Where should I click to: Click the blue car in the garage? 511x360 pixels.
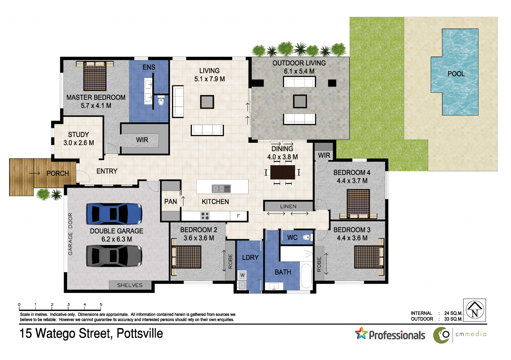(x=114, y=214)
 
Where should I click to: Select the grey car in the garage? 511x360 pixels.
(x=114, y=255)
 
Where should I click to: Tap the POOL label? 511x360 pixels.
(x=456, y=74)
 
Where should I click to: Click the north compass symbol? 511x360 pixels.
(x=475, y=310)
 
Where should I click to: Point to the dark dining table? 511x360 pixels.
(x=282, y=172)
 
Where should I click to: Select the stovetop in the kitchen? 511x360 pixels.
(x=205, y=216)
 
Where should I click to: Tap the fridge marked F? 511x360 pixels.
(x=238, y=216)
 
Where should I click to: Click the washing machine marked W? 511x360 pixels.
(x=242, y=275)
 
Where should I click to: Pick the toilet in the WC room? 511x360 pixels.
(x=307, y=237)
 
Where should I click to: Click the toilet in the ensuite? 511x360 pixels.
(x=161, y=101)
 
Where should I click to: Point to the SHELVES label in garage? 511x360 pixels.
(x=130, y=285)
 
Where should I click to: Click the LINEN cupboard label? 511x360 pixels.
(x=288, y=206)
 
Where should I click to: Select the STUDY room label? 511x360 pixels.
(x=78, y=135)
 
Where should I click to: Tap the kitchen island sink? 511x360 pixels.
(x=221, y=188)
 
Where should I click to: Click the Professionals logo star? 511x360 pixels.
(x=361, y=333)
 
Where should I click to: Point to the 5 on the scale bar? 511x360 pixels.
(x=101, y=304)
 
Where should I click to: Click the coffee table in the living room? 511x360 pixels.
(x=207, y=102)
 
